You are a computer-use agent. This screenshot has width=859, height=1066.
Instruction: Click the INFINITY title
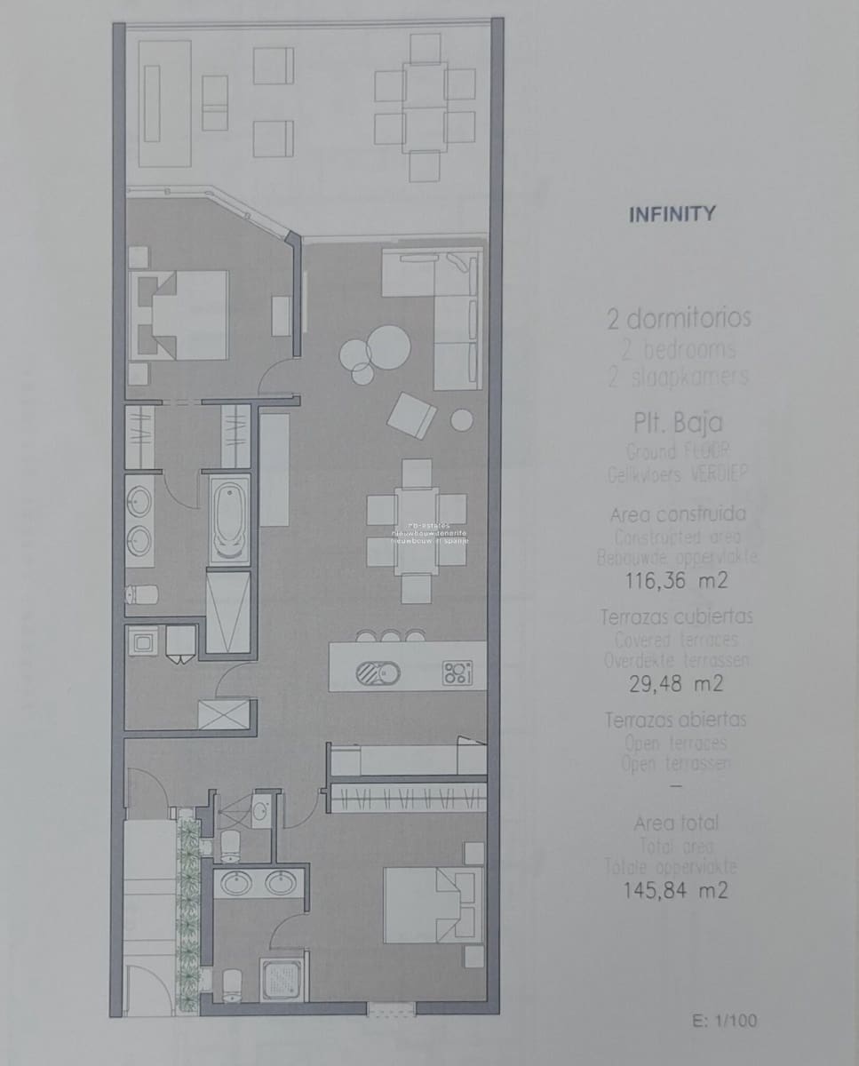672,214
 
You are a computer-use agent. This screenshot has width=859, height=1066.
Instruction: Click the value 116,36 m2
677,581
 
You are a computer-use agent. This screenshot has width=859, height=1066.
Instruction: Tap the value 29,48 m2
677,684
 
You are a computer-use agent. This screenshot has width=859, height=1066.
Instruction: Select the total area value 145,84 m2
677,889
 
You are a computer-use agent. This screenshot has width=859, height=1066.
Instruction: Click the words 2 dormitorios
679,318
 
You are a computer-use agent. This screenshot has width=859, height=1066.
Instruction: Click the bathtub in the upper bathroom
229,519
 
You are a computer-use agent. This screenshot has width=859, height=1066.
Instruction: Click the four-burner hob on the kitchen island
457,672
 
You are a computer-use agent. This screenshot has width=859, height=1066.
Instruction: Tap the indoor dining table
417,530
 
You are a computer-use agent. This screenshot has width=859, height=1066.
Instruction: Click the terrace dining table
425,107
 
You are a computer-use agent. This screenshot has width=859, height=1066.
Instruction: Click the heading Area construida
678,514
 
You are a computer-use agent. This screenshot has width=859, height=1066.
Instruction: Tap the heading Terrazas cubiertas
678,617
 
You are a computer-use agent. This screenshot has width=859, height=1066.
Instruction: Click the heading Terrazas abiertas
676,720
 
